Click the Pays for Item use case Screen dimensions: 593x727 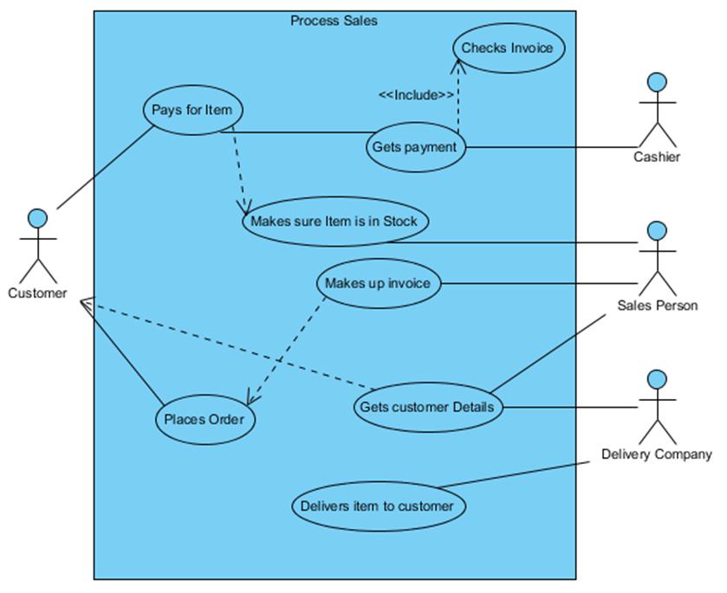192,110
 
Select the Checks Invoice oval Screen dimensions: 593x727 507,48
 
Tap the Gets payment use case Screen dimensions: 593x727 414,146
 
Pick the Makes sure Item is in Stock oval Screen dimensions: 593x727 334,221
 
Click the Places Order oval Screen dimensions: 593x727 204,420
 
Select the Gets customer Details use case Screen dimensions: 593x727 427,407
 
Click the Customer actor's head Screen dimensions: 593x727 36,216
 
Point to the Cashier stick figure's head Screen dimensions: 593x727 658,82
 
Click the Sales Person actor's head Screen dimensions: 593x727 658,230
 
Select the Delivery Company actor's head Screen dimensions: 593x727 658,378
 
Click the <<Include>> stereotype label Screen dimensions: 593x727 416,95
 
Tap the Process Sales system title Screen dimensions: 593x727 334,21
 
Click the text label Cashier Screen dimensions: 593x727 657,157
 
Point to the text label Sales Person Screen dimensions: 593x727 657,306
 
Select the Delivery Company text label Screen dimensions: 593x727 657,454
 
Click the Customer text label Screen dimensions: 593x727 37,293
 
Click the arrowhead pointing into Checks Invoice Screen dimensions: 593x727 457,65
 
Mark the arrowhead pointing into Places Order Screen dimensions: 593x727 250,399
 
